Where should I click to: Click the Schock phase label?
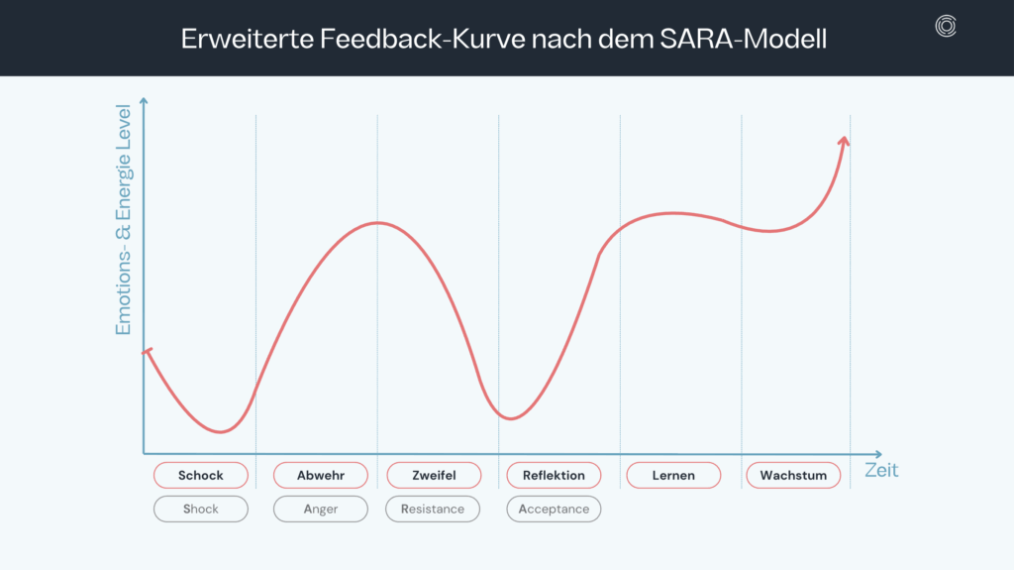201,476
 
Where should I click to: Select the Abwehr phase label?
321,476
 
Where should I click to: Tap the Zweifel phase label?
434,476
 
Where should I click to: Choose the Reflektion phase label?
554,476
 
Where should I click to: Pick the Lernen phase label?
673,476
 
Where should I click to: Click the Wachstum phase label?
793,476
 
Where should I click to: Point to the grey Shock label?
201,510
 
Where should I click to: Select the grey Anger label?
321,510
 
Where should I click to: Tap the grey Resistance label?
433,510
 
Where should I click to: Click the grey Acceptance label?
554,510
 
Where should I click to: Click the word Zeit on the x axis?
881,470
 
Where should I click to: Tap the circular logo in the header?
946,28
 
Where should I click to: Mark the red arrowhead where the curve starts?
148,352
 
